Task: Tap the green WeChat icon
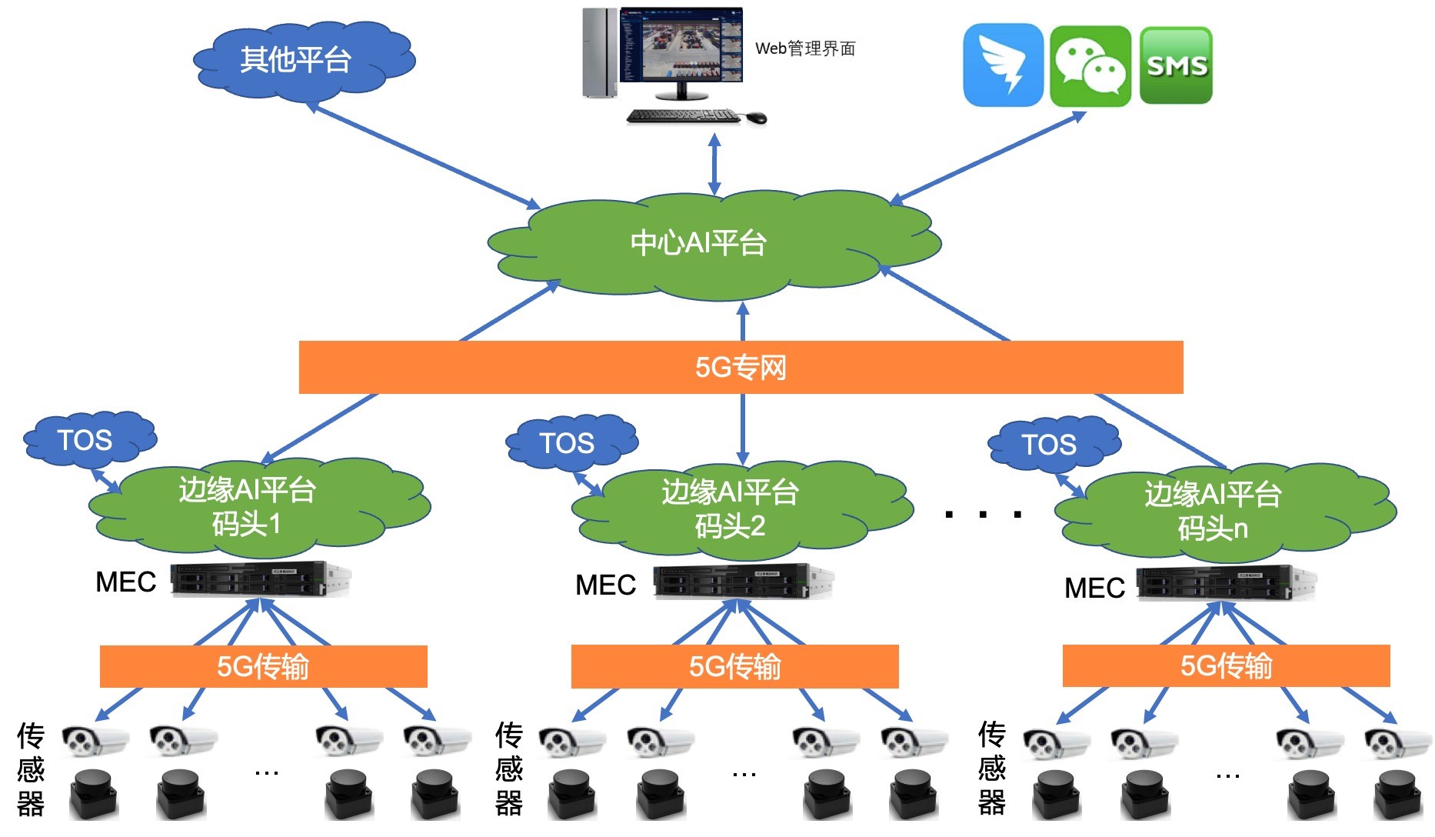pos(1090,66)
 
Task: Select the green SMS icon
pos(1176,66)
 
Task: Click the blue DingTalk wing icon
pos(1003,66)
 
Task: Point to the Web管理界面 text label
pos(805,48)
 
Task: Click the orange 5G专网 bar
pos(741,368)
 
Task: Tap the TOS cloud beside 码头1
pos(86,440)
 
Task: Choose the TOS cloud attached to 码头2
pos(568,443)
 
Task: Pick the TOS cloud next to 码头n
pos(1050,445)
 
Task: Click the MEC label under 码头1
pos(125,582)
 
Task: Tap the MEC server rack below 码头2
pos(743,582)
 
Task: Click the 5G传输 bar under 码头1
pos(263,666)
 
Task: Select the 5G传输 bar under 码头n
pos(1226,665)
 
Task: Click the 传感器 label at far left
pos(31,769)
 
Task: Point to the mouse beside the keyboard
pos(756,117)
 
